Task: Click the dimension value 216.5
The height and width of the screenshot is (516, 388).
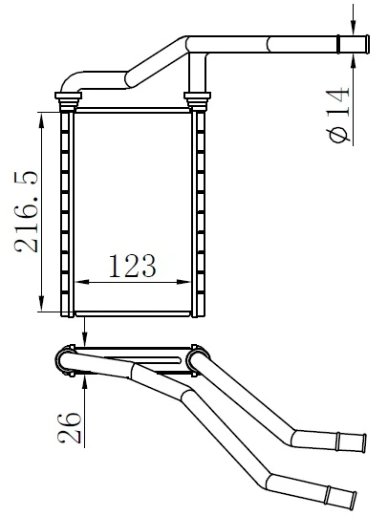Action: (27, 212)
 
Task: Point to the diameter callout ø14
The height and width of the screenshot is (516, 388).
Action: (340, 111)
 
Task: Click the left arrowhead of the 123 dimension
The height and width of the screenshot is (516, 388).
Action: (78, 282)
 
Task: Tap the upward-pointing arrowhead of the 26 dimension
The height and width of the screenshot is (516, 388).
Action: (85, 378)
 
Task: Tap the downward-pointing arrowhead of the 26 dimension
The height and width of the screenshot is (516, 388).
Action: (85, 340)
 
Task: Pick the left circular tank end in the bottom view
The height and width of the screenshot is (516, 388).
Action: (70, 359)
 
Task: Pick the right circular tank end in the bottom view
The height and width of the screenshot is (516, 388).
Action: (199, 358)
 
